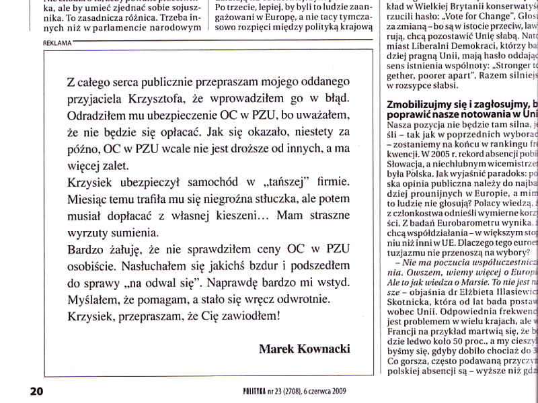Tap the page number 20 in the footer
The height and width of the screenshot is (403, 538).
point(36,390)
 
